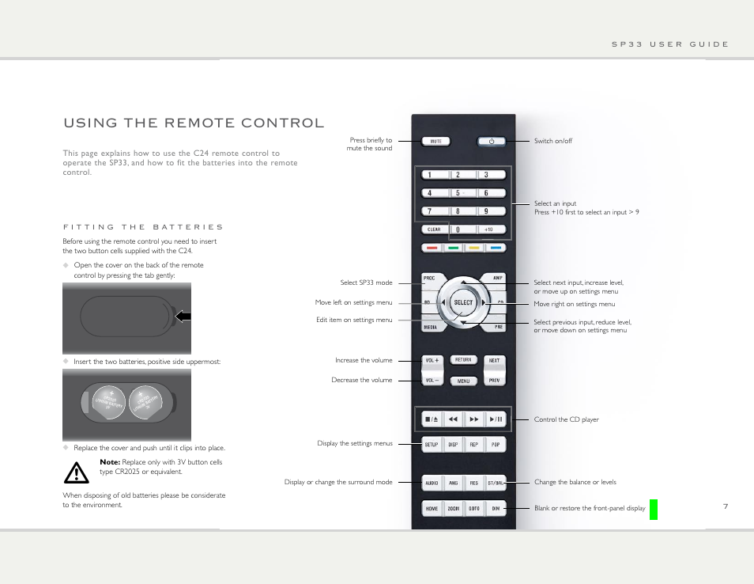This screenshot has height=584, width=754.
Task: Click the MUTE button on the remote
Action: click(435, 142)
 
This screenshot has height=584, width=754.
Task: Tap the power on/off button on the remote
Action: click(491, 142)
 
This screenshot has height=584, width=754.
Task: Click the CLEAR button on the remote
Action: click(434, 229)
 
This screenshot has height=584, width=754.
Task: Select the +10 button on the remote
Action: click(488, 229)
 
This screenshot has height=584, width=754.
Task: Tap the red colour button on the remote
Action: click(431, 247)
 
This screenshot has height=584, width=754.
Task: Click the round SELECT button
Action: click(463, 302)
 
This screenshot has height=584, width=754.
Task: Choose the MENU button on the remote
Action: click(463, 381)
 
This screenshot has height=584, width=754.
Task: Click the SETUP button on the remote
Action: click(432, 445)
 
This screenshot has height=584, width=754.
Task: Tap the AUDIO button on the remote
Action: click(432, 482)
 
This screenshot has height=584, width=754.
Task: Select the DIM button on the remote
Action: click(495, 509)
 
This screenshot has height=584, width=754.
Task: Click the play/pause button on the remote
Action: click(495, 419)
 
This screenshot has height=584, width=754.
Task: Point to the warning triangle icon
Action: click(77, 472)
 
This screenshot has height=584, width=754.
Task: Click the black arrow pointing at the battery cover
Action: click(183, 317)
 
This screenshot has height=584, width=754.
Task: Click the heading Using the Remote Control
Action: click(194, 123)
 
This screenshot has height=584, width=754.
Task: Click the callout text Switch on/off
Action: click(553, 141)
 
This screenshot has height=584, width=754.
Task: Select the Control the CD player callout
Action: click(566, 419)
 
